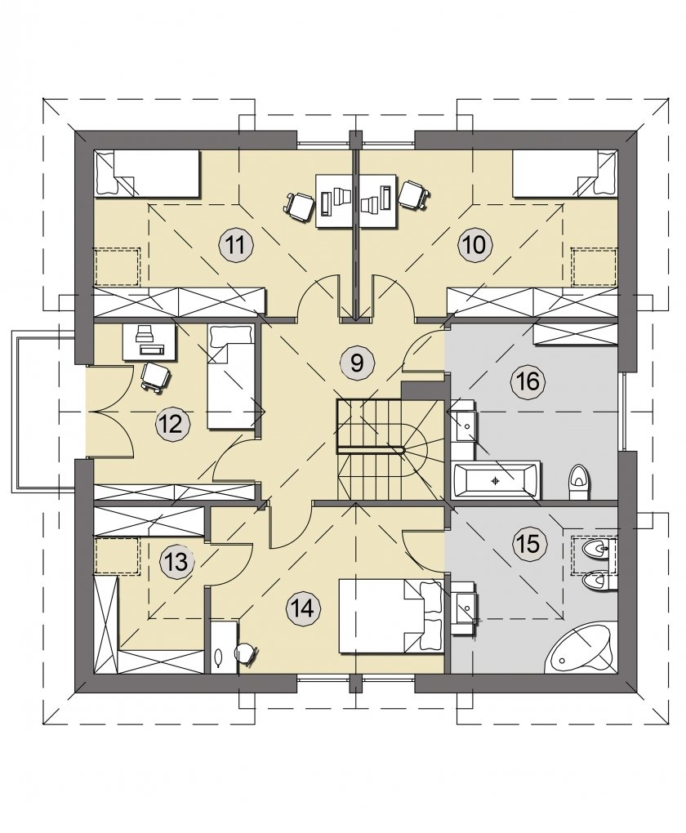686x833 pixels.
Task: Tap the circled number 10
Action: pos(475,246)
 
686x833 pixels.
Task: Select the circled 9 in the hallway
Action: pos(357,363)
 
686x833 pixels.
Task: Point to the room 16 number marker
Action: pos(528,381)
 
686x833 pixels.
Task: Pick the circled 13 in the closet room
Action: pos(176,562)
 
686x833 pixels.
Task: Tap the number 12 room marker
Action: pos(172,425)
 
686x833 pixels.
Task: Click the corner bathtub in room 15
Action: pos(581,649)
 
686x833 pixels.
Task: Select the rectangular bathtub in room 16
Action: pos(495,481)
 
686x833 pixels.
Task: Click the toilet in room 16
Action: pos(577,483)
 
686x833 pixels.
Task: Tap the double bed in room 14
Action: pos(390,616)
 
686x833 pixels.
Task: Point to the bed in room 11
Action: pos(147,174)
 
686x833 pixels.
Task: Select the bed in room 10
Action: pos(565,174)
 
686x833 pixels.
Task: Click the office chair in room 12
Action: pos(156,377)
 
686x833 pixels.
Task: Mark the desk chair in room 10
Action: pos(413,194)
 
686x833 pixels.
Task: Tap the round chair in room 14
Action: pos(246,653)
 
